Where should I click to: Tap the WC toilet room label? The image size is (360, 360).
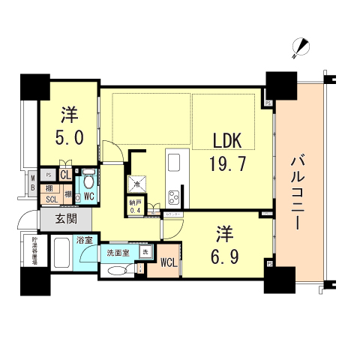pos(88,197)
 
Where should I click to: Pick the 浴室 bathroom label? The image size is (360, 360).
pos(84,241)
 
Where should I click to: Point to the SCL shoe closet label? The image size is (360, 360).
pos(52,199)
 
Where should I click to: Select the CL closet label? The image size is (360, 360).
pos(65,175)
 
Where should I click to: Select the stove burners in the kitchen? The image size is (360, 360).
pos(174,198)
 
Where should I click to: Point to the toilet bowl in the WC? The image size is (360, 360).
pos(88,181)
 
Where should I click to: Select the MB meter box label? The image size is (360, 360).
pos(33,182)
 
